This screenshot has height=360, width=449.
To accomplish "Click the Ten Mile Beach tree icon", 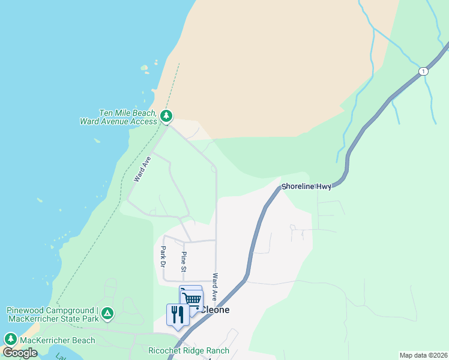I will click(x=166, y=115).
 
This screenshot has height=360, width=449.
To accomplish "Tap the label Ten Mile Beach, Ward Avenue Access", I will click(x=118, y=117).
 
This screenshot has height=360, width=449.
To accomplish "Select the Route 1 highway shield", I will click(x=424, y=71).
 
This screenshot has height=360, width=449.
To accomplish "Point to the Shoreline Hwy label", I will click(x=306, y=187).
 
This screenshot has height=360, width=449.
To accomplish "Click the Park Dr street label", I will click(x=163, y=256).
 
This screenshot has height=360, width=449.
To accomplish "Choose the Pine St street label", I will click(x=184, y=261).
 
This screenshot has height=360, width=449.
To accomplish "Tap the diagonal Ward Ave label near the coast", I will click(x=142, y=169).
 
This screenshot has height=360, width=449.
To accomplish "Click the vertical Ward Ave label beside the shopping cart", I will click(x=215, y=286).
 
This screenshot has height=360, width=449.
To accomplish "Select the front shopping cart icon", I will click(x=193, y=300).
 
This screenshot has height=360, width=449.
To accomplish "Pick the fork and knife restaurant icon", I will click(x=177, y=314).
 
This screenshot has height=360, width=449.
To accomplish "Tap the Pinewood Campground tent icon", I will click(x=107, y=313).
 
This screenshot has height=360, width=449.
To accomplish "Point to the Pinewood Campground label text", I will click(x=53, y=314).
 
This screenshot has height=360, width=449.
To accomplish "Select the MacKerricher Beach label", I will click(x=57, y=340).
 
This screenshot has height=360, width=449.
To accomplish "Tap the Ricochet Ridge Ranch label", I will click(x=188, y=350).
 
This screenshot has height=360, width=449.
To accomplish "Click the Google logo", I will click(x=20, y=353).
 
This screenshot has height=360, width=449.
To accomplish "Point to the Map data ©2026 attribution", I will click(x=423, y=355).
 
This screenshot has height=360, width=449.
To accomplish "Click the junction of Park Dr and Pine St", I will click(x=184, y=241).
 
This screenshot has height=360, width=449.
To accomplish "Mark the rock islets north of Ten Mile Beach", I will click(x=146, y=67).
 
